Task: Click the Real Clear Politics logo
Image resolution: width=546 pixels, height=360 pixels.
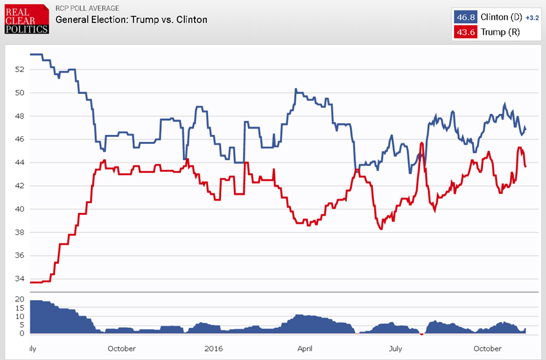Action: point(26,19)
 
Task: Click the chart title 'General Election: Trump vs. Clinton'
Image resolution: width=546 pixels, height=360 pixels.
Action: point(131,19)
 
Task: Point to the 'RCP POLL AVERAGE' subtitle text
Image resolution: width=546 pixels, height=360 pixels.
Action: point(87,8)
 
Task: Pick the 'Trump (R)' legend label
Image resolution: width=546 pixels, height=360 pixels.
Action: point(500,32)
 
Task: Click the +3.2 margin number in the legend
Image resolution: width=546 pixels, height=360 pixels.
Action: point(533,17)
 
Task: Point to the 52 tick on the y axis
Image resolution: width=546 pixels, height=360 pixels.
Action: point(20,69)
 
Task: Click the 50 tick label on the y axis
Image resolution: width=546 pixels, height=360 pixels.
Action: point(20,93)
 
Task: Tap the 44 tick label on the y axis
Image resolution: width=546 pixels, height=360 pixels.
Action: point(20,163)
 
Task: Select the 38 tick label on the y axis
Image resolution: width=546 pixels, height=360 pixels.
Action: point(20,233)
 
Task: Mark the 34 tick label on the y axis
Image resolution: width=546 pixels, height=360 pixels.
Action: point(20,279)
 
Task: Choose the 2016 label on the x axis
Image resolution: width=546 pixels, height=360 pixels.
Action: point(212,348)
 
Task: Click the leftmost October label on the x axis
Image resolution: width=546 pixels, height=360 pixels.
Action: point(121,348)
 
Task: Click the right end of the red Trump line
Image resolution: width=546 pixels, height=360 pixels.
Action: point(525,166)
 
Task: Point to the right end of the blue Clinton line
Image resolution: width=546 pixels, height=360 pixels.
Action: point(525,129)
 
